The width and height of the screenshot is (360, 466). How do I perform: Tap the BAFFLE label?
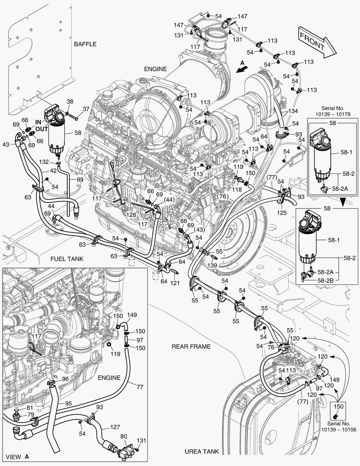[x=85, y=44]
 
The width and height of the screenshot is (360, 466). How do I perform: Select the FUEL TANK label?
[x=67, y=259]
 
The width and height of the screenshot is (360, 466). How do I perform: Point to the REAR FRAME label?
[x=191, y=346]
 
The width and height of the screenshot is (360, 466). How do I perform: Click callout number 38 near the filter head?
[x=69, y=102]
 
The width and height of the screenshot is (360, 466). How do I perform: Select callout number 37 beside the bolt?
[x=86, y=109]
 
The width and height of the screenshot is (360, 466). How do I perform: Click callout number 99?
[x=80, y=179]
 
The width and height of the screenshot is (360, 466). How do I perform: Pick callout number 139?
[x=212, y=266]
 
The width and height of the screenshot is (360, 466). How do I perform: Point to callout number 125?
[x=282, y=213]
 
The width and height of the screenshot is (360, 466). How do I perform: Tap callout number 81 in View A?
[x=30, y=407]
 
